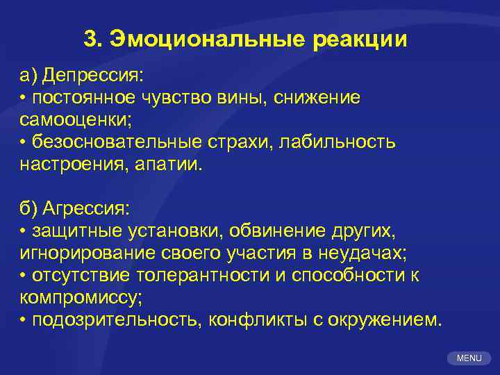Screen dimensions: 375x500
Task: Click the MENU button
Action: click(x=469, y=358)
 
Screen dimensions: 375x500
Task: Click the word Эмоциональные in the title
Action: click(x=206, y=40)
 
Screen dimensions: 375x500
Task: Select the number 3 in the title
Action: click(x=89, y=40)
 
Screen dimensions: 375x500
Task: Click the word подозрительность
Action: click(x=114, y=320)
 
